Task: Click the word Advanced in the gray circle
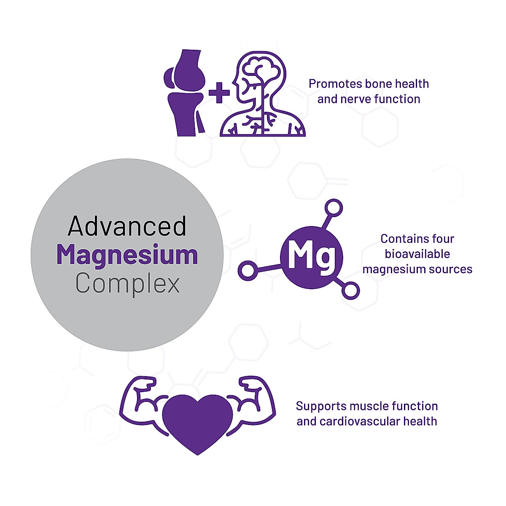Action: (x=127, y=226)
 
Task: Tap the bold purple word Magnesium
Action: (x=127, y=256)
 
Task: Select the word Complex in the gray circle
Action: (x=127, y=284)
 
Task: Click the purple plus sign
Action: (x=219, y=93)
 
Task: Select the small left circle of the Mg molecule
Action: (x=248, y=271)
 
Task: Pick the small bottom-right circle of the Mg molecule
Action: (x=350, y=291)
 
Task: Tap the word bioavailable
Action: (x=417, y=254)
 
